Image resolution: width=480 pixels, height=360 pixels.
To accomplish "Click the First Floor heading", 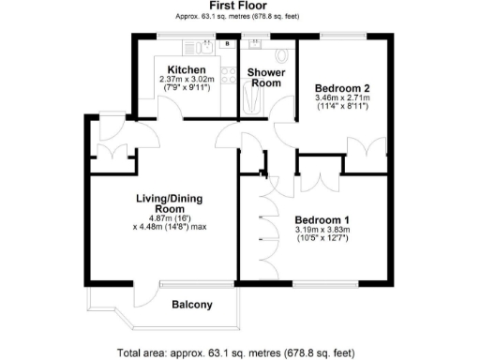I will click(240, 6).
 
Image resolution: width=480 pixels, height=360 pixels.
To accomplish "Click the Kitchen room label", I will click(181, 69).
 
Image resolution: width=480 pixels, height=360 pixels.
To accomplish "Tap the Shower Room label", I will click(264, 77).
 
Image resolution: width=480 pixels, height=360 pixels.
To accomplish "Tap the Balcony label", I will click(191, 304).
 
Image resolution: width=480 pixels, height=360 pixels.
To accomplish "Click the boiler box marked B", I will click(228, 43).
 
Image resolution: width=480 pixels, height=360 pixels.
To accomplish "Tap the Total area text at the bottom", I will click(236, 353).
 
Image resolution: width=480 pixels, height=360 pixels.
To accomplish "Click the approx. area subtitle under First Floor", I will click(240, 17).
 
